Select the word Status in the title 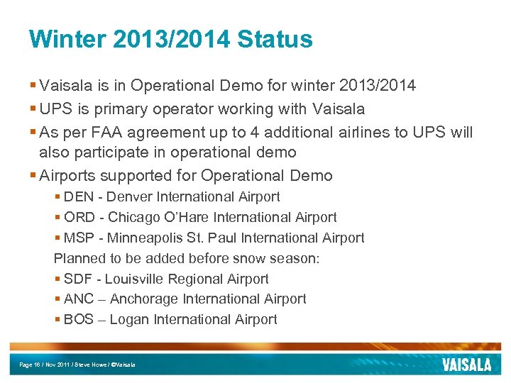point(275,40)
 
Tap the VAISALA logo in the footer point(466,365)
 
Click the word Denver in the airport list point(129,197)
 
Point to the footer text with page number point(77,365)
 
